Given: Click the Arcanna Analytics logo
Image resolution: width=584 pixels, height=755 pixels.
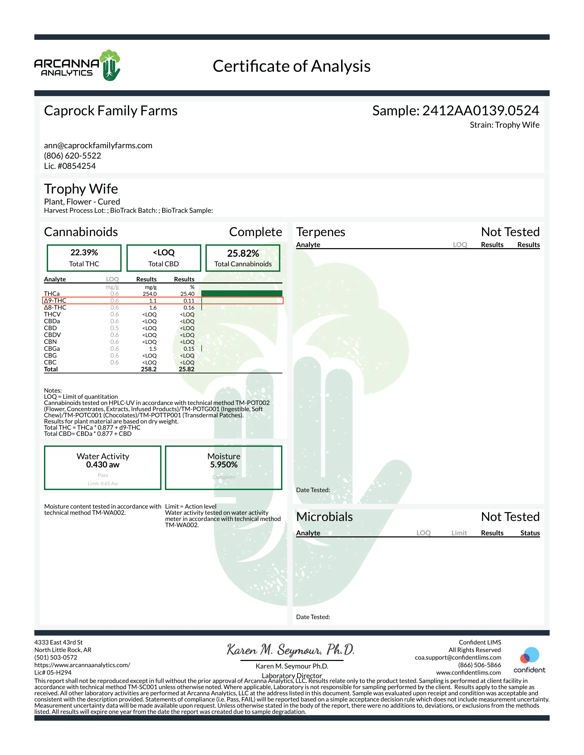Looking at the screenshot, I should coord(77,66).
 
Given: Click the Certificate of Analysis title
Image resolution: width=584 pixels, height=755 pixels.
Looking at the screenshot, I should coord(291,66).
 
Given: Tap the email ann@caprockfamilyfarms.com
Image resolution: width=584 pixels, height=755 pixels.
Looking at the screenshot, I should coord(98,146).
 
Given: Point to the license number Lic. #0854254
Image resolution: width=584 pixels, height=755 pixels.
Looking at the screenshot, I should coord(70,166).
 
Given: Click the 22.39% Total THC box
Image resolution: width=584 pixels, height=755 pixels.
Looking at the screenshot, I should coord(84,258).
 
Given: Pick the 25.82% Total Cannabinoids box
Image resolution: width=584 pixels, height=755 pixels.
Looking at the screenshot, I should coord(243,258).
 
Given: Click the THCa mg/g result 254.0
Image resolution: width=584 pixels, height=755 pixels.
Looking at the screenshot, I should coord(149,294).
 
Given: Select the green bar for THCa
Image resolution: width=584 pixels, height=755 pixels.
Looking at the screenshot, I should coord(242,293).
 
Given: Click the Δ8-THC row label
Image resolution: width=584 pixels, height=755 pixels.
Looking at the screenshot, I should coord(55,308).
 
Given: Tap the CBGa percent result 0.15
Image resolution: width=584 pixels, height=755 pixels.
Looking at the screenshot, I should coord(189,349).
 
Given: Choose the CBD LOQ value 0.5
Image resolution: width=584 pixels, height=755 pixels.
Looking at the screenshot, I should coord(114,328).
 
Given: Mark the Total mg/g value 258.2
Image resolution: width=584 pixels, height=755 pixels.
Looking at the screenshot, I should coord(149,369).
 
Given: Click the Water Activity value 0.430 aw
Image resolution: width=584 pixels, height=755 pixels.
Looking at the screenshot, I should coord(103,465).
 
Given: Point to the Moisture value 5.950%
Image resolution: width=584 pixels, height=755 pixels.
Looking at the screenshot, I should coord(224,465).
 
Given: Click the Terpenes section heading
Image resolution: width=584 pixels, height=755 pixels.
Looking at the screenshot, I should coord(321,232).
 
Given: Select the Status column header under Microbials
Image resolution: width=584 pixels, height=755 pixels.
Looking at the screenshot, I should coord(530,533).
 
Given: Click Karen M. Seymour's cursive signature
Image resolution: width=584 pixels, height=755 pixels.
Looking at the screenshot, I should coord(291,650).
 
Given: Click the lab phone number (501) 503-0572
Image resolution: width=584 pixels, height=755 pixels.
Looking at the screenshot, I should coord(56,658).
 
